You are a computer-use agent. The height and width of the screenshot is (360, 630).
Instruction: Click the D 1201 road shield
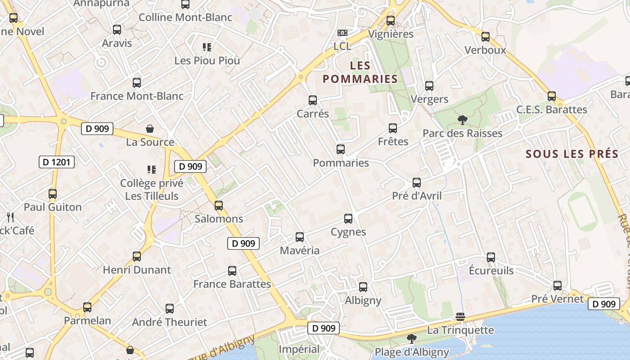point(57,162)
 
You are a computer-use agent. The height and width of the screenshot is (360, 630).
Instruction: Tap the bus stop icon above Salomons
point(219,206)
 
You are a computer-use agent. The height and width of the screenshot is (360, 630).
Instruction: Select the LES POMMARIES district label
point(360,72)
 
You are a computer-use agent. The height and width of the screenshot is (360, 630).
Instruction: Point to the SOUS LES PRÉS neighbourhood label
point(572,154)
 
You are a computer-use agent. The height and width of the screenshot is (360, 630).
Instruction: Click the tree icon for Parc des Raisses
point(462,120)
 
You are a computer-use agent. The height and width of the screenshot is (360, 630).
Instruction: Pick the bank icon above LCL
point(342,33)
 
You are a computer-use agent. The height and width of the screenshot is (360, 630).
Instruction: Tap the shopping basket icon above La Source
point(150,129)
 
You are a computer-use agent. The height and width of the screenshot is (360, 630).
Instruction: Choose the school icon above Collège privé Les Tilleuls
point(152,170)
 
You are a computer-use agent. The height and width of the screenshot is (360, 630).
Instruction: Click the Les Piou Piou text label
point(207,60)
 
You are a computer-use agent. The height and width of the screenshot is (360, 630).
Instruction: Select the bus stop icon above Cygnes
point(348,219)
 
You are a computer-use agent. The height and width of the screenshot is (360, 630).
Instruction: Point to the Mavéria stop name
point(300,250)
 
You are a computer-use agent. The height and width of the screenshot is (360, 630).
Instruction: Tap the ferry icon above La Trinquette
point(460,317)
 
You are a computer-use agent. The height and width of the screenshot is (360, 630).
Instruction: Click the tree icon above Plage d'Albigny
point(411,338)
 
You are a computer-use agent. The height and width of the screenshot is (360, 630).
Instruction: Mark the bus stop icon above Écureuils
point(491,257)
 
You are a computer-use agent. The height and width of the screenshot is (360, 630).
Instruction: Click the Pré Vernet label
point(557,299)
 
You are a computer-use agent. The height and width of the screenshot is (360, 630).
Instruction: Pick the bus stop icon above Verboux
point(486,37)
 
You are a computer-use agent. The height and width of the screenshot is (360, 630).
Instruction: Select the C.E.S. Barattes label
point(551,109)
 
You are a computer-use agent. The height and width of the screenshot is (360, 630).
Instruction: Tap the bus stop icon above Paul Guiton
point(53,194)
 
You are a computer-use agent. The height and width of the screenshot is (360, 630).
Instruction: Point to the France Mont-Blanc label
point(137,96)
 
